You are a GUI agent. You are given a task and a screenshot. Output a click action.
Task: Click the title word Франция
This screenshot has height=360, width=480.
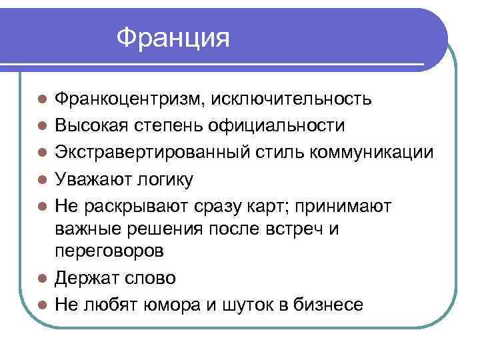(x=173, y=38)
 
